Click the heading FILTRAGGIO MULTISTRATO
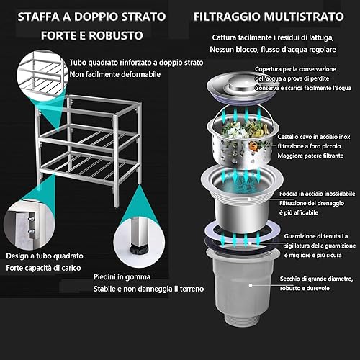pyautogui.click(x=269, y=17)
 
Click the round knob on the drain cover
pyautogui.click(x=239, y=84)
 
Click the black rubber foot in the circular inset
pyautogui.click(x=139, y=250)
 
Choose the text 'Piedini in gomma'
pyautogui.click(x=122, y=276)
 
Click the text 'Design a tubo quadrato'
pyautogui.click(x=45, y=256)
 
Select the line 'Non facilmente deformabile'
pyautogui.click(x=115, y=74)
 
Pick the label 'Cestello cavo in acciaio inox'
pyautogui.click(x=314, y=137)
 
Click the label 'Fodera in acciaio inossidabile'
pyautogui.click(x=317, y=194)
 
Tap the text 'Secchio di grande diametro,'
pyautogui.click(x=316, y=279)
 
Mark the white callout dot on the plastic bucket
pyautogui.click(x=251, y=285)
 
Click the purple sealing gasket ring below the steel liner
pyautogui.click(x=242, y=236)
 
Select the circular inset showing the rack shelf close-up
pyautogui.click(x=42, y=73)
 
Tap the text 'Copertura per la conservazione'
pyautogui.click(x=295, y=69)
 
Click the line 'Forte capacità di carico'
pyautogui.click(x=43, y=268)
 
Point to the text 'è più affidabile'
pyautogui.click(x=299, y=212)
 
